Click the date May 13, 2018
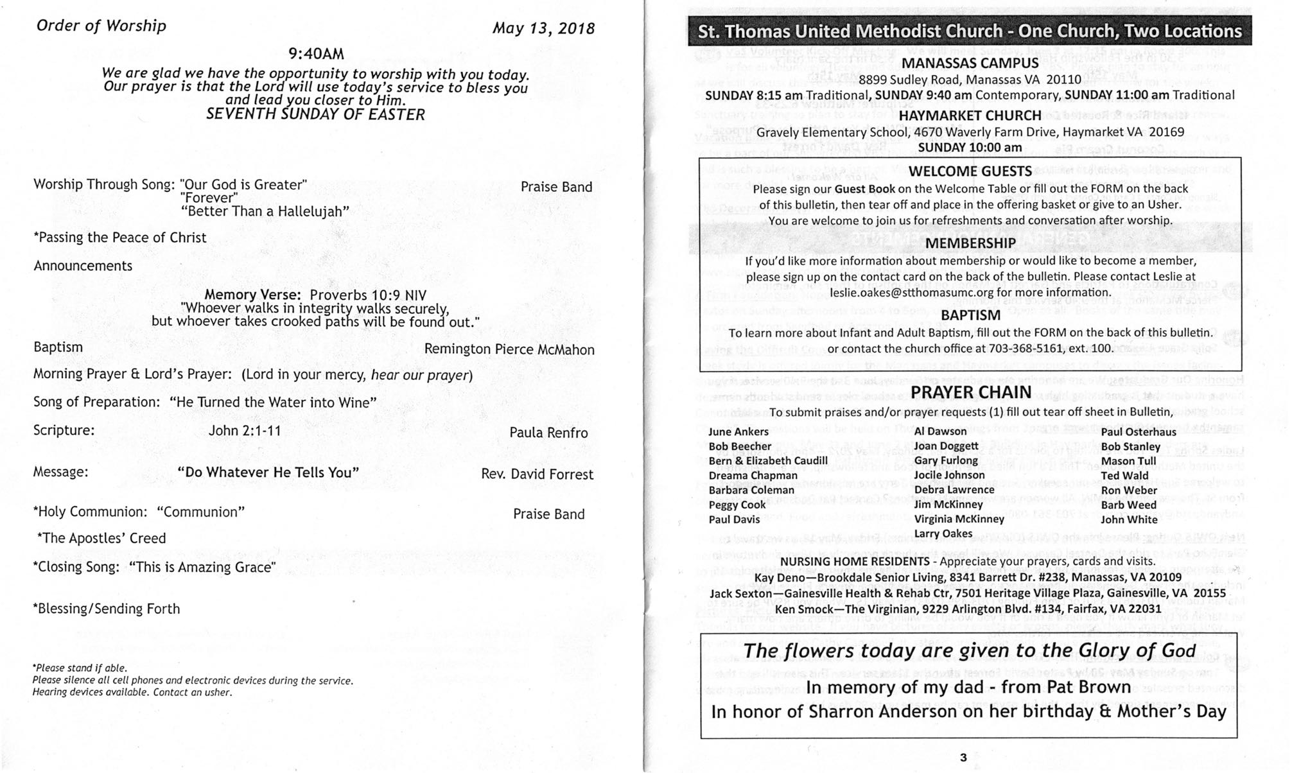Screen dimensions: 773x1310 click(x=543, y=29)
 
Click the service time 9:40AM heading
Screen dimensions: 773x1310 click(x=316, y=53)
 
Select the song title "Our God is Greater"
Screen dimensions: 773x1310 click(x=244, y=185)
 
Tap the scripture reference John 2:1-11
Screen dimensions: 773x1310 click(x=245, y=431)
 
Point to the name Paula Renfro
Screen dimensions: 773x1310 click(x=548, y=433)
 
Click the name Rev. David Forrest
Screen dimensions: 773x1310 click(x=537, y=474)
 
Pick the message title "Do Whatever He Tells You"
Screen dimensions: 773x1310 click(x=268, y=473)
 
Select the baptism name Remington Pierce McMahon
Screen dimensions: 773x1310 click(x=509, y=350)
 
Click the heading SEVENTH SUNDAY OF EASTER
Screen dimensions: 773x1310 click(x=315, y=115)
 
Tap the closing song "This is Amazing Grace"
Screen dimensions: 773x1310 click(x=202, y=568)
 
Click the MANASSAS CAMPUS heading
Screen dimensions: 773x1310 click(x=970, y=64)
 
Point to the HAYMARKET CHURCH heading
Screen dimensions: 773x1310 click(x=970, y=116)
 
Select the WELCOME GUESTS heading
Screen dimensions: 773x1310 click(x=970, y=171)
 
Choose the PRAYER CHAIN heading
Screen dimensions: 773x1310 click(x=970, y=392)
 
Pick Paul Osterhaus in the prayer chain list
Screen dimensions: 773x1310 click(x=1139, y=432)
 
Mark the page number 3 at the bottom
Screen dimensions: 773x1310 click(x=963, y=758)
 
